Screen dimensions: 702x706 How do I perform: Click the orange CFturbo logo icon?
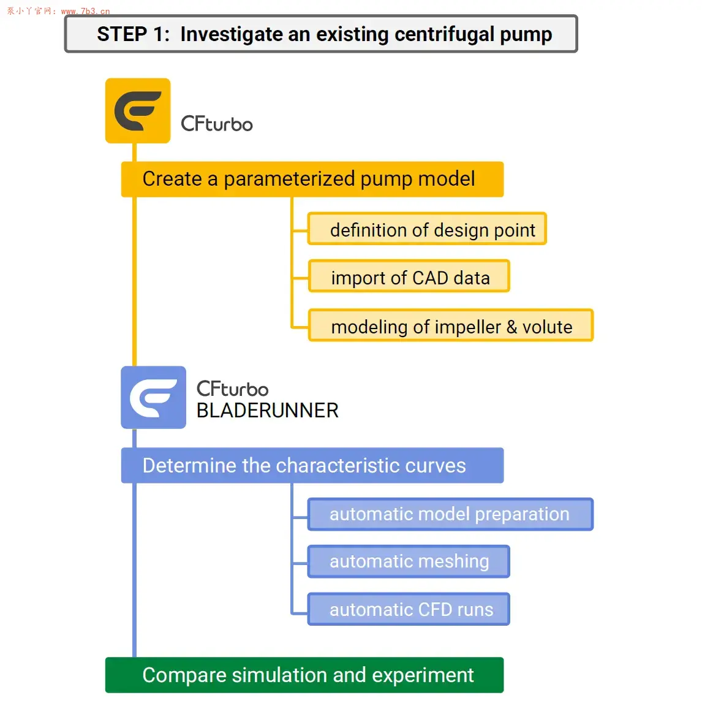pos(138,111)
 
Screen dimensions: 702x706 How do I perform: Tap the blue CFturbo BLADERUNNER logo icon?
pos(154,397)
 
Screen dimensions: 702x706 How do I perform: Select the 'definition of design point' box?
pos(427,229)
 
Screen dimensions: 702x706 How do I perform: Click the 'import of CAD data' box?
pos(409,276)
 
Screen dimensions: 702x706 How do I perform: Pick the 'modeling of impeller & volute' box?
pos(451,325)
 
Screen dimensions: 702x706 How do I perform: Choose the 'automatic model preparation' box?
pos(450,514)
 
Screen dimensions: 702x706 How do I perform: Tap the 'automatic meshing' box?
pos(409,561)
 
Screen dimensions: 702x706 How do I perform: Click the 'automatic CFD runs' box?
pos(409,609)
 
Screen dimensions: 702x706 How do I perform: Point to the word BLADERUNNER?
pos(267,411)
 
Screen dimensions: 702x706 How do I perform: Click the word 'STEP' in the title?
pos(122,34)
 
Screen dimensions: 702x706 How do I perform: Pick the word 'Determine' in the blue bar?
pos(189,466)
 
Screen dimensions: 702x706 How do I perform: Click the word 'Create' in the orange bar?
pos(172,179)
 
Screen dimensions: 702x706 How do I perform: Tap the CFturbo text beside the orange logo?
pos(217,124)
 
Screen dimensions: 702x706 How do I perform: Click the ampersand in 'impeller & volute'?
pos(511,327)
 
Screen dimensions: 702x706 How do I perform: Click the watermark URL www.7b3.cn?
pos(86,11)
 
